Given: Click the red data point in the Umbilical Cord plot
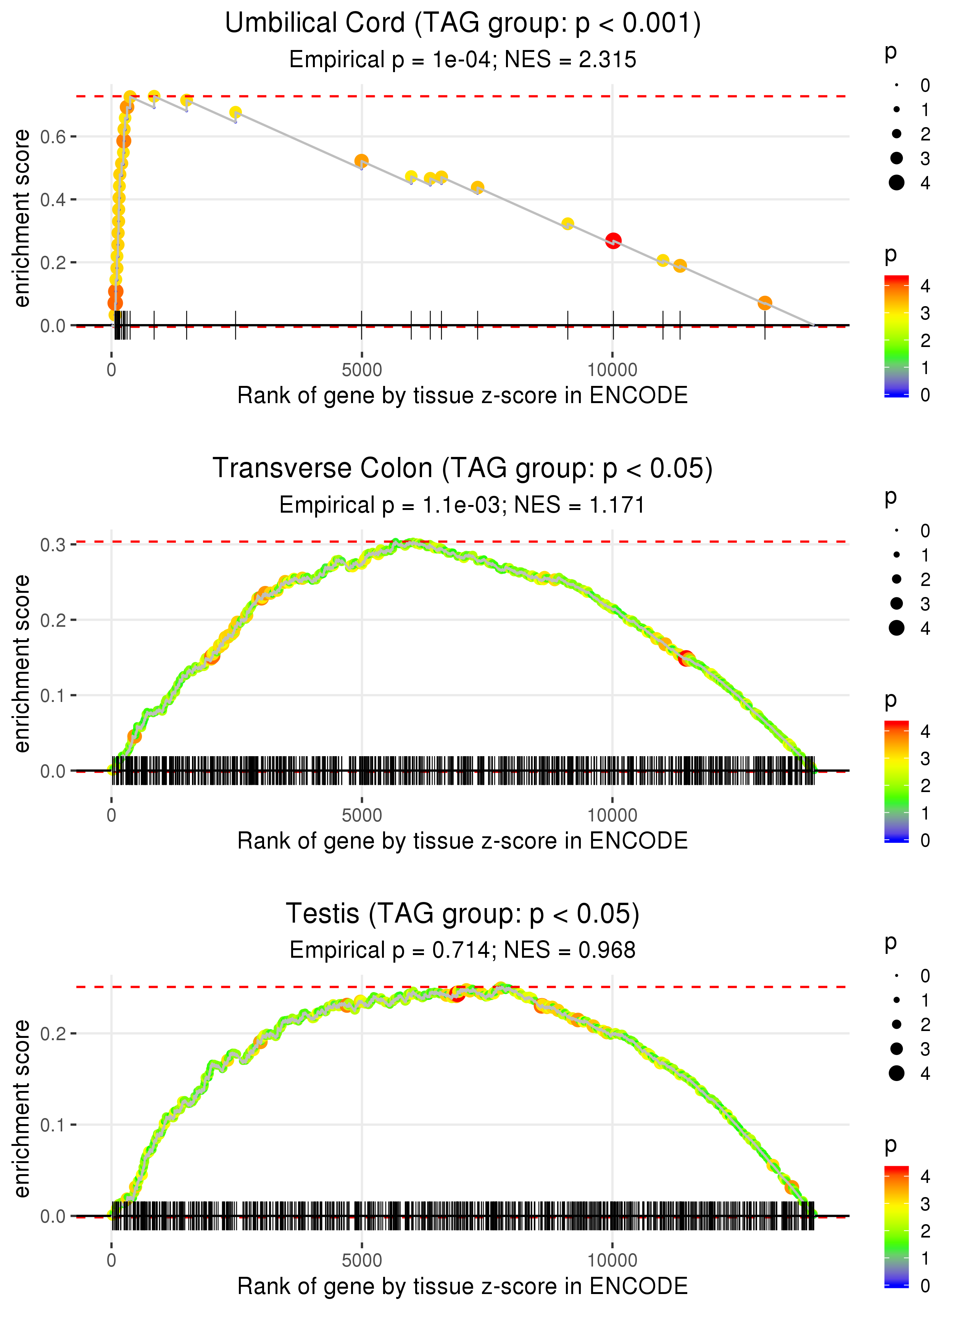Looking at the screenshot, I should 613,241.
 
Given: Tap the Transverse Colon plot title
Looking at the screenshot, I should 463,469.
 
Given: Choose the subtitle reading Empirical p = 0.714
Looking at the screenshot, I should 463,950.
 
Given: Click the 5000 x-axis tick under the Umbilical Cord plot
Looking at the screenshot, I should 361,370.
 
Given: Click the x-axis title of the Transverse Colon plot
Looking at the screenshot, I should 463,841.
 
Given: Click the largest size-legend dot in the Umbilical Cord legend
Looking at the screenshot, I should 896,183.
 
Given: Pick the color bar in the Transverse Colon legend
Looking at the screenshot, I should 896,781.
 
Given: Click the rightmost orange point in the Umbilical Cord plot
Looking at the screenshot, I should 764,303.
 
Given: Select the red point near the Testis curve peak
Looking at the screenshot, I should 457,994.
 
